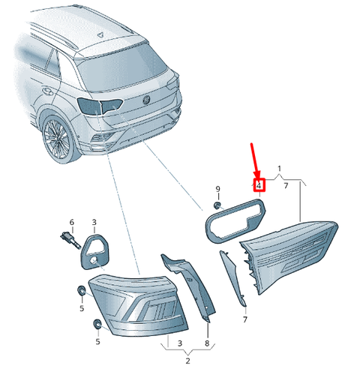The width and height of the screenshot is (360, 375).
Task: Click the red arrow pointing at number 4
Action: (x=255, y=161)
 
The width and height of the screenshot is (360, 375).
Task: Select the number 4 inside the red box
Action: (x=259, y=184)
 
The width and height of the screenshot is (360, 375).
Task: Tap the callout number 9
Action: (x=217, y=188)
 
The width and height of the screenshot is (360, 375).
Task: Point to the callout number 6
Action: (x=72, y=222)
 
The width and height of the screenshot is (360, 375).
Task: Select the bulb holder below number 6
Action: (x=68, y=241)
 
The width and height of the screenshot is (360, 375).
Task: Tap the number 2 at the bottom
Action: (x=187, y=361)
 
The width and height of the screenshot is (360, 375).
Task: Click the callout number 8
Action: (x=207, y=344)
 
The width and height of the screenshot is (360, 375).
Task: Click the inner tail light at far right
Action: (x=292, y=251)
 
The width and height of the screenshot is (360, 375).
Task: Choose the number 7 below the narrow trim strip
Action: (x=244, y=319)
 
